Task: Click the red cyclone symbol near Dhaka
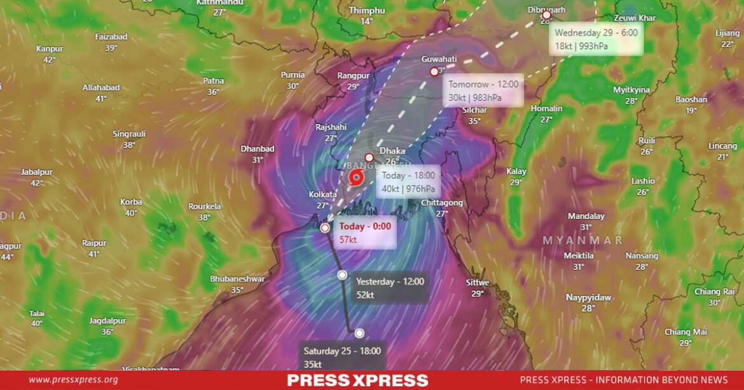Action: click(355, 178)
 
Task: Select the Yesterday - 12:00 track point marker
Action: click(342, 275)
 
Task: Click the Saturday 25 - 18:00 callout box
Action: click(342, 357)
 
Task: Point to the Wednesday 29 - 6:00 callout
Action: click(596, 39)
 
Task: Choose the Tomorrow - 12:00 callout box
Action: click(483, 91)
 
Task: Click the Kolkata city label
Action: click(322, 195)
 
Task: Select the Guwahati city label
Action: click(439, 59)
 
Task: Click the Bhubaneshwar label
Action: click(237, 279)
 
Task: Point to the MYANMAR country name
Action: click(582, 240)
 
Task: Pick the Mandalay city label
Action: click(586, 216)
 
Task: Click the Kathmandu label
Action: click(220, 3)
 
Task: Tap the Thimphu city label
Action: click(367, 11)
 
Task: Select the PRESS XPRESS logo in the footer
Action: click(357, 380)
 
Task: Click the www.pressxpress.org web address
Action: click(73, 380)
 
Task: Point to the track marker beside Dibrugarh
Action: click(546, 15)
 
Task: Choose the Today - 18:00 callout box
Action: click(409, 182)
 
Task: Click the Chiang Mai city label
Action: click(685, 332)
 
